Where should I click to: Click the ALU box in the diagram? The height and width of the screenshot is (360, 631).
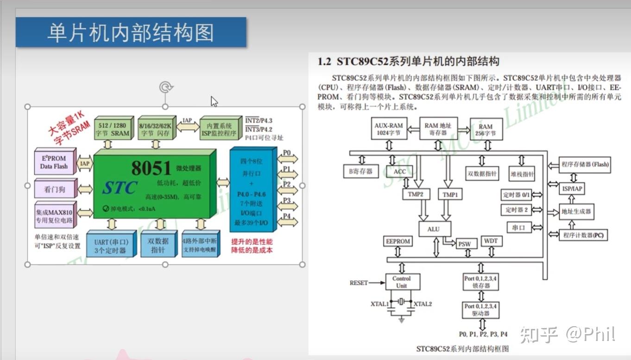click(433, 228)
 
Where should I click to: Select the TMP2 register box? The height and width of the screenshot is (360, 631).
click(416, 194)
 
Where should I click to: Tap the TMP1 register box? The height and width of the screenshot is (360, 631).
click(450, 195)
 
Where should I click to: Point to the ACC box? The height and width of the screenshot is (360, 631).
click(399, 171)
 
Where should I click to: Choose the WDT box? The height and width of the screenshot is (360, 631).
click(491, 241)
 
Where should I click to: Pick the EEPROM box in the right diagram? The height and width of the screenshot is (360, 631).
click(398, 241)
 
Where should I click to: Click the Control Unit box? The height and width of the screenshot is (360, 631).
click(401, 282)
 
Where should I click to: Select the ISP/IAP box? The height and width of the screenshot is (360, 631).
click(572, 189)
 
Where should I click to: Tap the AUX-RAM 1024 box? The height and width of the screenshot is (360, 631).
click(389, 129)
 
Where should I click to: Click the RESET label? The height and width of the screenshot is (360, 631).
click(359, 283)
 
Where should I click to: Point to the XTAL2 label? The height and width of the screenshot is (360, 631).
click(423, 304)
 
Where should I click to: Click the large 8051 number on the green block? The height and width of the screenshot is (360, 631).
click(151, 168)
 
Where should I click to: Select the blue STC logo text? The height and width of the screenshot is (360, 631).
click(120, 188)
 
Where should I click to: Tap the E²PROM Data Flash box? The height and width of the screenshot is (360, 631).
click(54, 162)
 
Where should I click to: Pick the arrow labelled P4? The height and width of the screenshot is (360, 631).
click(287, 220)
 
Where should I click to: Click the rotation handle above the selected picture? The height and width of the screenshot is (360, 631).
click(165, 87)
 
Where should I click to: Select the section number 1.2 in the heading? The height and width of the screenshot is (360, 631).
click(324, 62)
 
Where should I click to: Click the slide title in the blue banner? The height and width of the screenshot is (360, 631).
click(131, 33)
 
